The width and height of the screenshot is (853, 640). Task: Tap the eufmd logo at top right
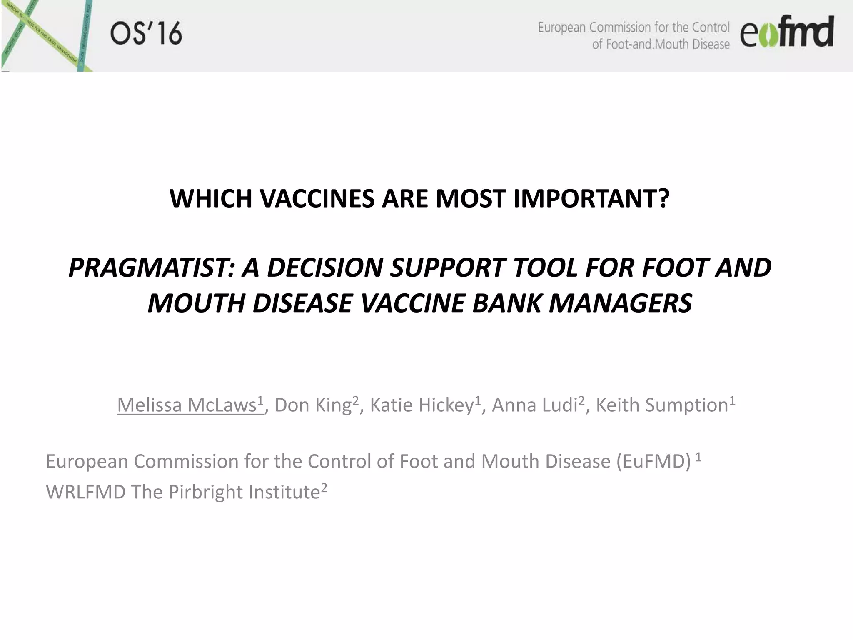[786, 32]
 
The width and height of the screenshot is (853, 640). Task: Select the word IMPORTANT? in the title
[591, 199]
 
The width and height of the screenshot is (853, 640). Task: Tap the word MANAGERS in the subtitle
[621, 303]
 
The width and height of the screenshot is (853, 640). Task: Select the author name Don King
[314, 405]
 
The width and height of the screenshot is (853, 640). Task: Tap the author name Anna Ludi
[534, 405]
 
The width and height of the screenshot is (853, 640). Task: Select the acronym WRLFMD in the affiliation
[86, 492]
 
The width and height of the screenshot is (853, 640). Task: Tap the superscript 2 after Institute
[324, 487]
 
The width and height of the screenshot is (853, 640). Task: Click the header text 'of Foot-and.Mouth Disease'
[661, 45]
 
